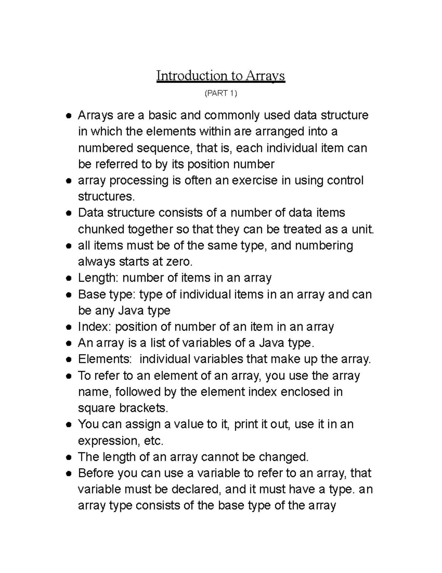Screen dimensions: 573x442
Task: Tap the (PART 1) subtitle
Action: tap(221, 93)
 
